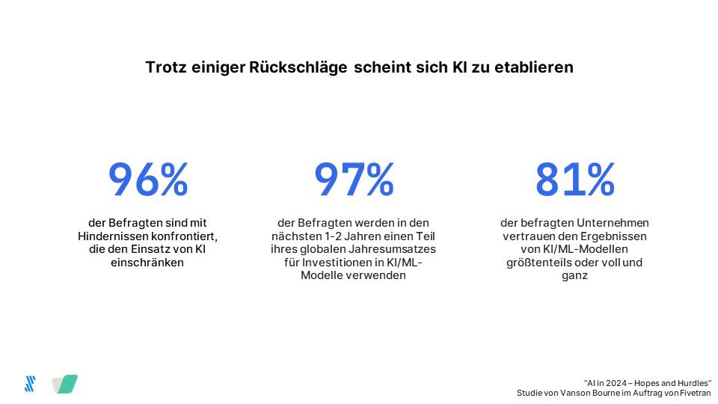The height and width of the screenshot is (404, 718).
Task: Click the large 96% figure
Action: (148, 180)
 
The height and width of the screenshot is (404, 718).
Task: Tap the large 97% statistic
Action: (354, 180)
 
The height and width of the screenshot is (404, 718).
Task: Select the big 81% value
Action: (574, 180)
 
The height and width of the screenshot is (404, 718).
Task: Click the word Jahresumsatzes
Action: (401, 249)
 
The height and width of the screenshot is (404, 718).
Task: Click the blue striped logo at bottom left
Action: (30, 384)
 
